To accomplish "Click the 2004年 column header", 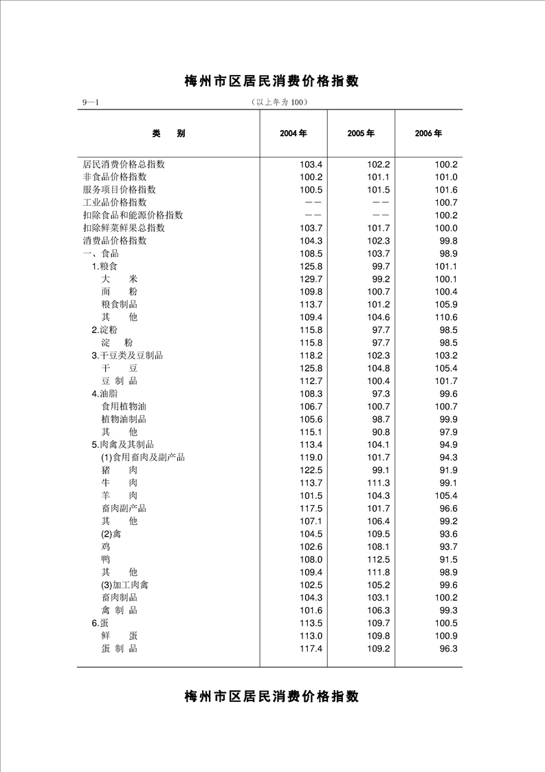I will pos(293,133).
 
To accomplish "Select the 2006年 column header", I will pos(428,133).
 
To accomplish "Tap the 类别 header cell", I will pos(168,133).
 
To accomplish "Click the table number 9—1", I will pos(91,103).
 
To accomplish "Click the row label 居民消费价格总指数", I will pos(124,164).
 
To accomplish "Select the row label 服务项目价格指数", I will pos(119,189).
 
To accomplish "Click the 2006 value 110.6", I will pos(446,317).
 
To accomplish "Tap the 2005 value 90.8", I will pos(379,432).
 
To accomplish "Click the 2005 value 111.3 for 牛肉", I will pos(379,483).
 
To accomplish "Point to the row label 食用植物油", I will pos(124,407).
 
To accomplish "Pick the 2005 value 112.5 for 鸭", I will pos(379,559).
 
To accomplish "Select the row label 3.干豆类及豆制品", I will pos(127,356).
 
